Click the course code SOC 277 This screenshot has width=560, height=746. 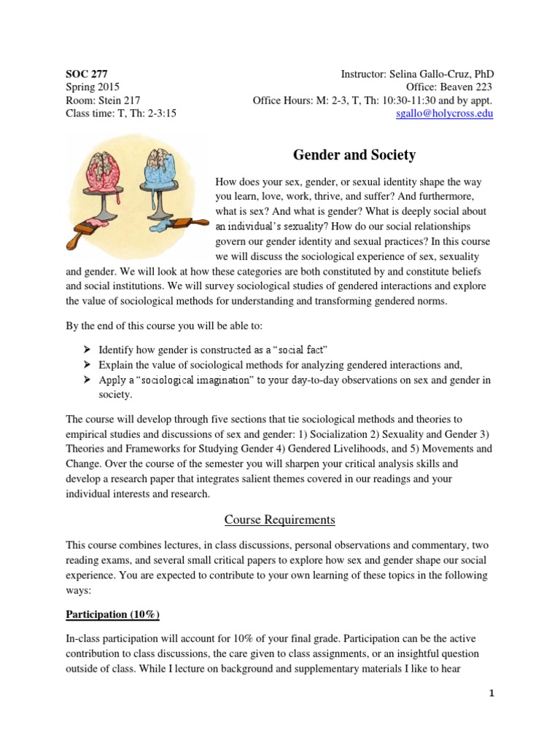pos(87,74)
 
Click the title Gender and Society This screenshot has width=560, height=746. pos(354,154)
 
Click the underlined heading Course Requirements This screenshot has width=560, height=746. pos(280,519)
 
